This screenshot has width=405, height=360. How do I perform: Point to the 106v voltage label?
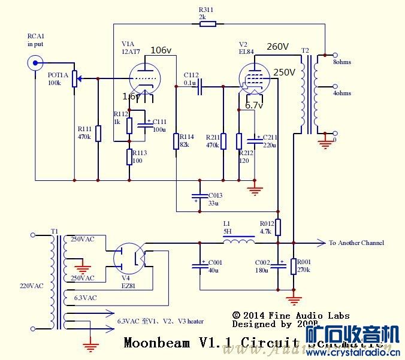[161, 50]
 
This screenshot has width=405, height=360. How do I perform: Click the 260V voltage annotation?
[278, 47]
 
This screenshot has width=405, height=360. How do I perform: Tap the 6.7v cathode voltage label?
[254, 105]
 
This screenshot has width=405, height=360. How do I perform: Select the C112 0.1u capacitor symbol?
[199, 87]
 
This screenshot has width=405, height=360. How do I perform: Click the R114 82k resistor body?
[176, 141]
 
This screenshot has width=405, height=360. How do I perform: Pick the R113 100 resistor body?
[129, 157]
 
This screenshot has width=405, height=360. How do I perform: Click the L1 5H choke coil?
[238, 243]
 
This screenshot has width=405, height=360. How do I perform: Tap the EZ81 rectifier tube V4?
[131, 259]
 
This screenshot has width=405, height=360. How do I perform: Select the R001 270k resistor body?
[293, 266]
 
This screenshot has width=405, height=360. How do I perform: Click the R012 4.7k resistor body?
[278, 226]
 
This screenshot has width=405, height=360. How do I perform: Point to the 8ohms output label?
[341, 62]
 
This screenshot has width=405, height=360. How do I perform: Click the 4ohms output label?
[341, 93]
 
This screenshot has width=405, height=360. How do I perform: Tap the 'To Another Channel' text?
[356, 243]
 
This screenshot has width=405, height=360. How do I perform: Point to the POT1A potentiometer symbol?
[74, 78]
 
